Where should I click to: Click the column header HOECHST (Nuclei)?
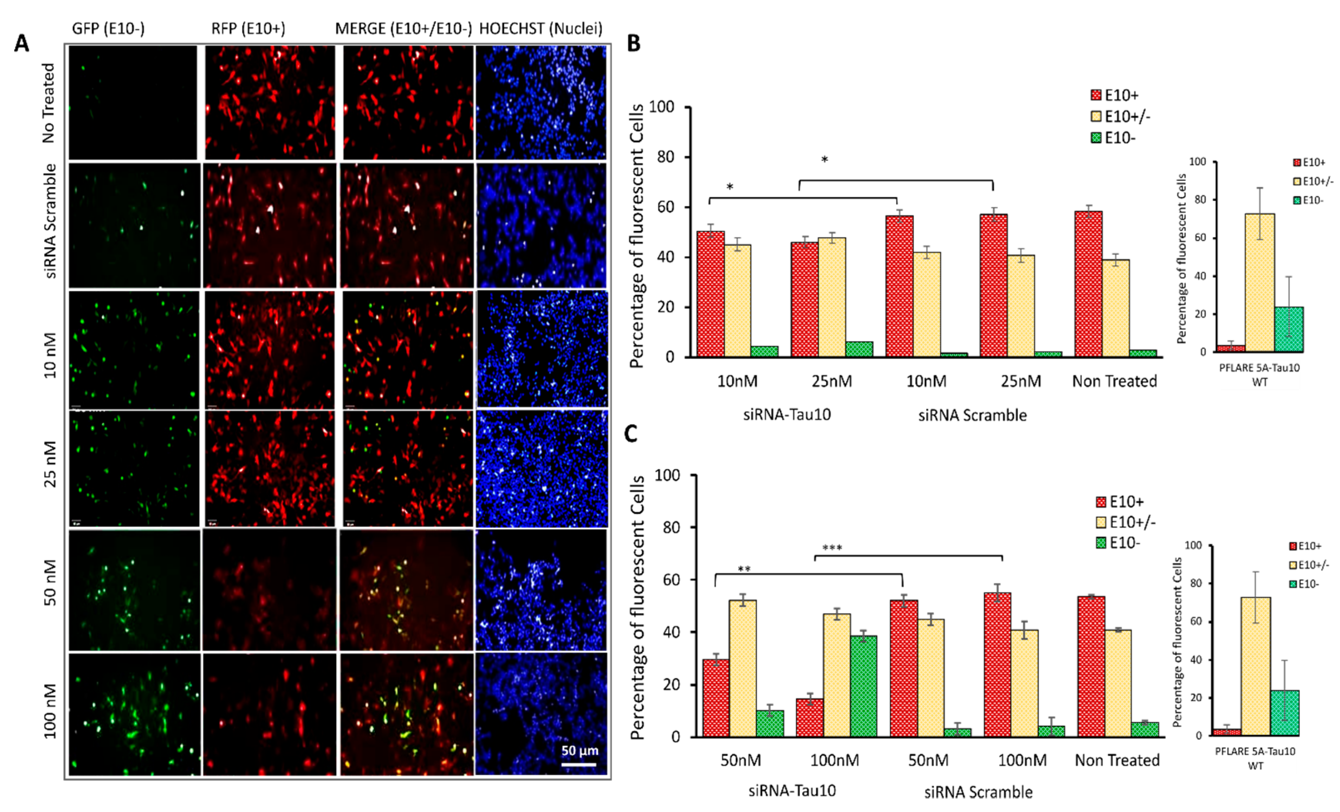pos(541,28)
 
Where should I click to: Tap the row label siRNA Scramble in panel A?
pos(50,221)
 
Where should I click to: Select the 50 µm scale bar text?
pos(580,750)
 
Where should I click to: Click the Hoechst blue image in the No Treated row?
pos(541,102)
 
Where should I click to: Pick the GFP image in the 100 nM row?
pos(134,713)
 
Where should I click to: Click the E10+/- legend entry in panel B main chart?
pos(1121,116)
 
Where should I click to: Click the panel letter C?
pos(631,434)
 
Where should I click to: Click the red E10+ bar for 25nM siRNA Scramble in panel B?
pos(993,285)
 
